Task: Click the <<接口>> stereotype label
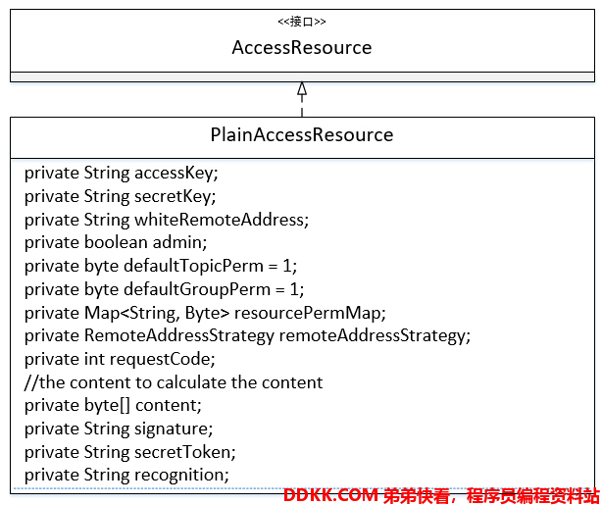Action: coord(302,22)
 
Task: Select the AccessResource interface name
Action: coord(302,48)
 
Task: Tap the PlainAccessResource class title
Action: coord(302,134)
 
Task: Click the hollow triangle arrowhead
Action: coord(302,88)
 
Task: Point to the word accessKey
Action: coord(176,174)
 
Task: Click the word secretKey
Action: coord(175,197)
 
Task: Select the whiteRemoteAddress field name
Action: coord(222,220)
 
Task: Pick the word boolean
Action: coord(116,243)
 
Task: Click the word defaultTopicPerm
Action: coord(193,266)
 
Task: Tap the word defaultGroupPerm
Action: coord(197,289)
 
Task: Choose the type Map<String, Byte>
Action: coord(157,313)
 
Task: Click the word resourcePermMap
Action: coord(310,313)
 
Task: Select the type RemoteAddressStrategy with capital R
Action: coord(178,336)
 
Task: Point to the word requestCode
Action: coord(162,360)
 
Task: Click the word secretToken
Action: coord(184,452)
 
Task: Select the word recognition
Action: coord(181,476)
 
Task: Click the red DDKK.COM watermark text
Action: coord(331,496)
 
